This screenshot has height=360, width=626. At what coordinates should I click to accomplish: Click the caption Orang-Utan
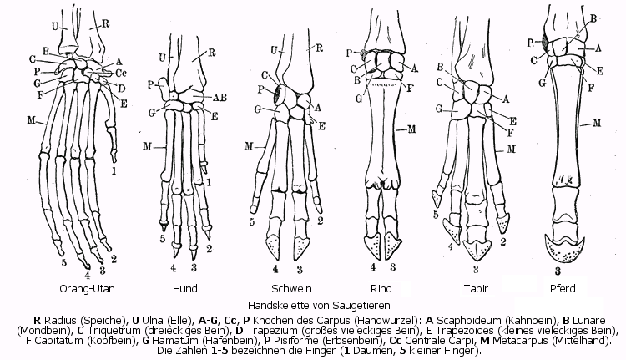click(88, 289)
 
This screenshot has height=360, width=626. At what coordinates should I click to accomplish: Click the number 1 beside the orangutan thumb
click(114, 171)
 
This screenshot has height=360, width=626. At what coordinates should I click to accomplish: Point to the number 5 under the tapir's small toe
click(436, 215)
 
